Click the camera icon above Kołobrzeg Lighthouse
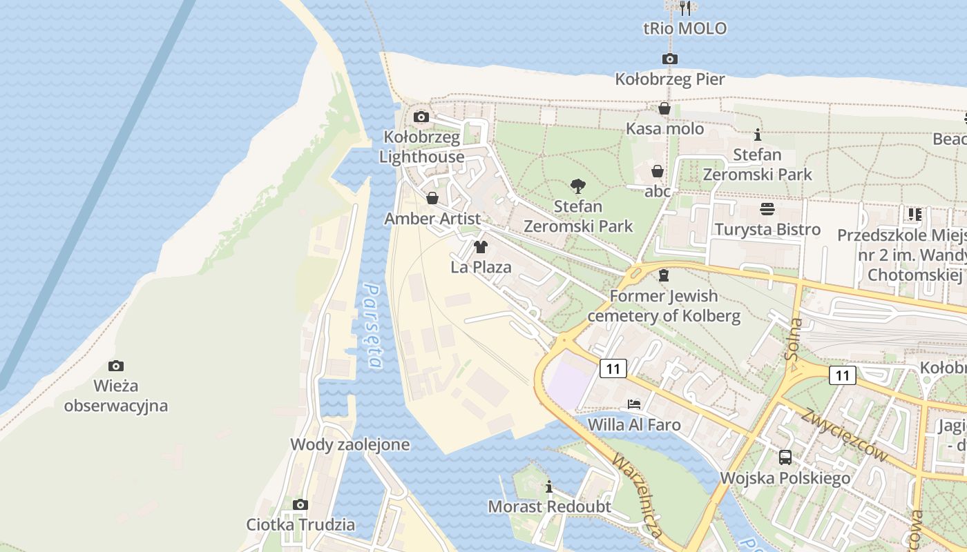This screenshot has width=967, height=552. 421,117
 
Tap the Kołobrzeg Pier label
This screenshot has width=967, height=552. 670,79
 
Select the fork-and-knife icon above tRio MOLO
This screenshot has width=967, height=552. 684,8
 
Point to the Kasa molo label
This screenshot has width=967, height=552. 664,128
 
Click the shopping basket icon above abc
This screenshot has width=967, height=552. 658,170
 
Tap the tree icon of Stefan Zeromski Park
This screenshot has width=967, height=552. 577,186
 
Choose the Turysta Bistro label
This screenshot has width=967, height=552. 767,229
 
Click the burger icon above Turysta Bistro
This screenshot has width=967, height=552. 767,208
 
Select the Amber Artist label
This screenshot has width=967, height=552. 432,219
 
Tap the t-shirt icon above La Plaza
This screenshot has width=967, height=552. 481,246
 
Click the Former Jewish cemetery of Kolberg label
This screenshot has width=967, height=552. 664,306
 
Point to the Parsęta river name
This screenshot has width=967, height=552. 373,326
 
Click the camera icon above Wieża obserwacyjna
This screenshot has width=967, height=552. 116,366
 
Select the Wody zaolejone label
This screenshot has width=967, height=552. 350,444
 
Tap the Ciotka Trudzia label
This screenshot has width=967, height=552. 300,524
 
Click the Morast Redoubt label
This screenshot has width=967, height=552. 549,506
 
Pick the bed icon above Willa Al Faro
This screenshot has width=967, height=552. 634,404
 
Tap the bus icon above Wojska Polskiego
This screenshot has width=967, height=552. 785,457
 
